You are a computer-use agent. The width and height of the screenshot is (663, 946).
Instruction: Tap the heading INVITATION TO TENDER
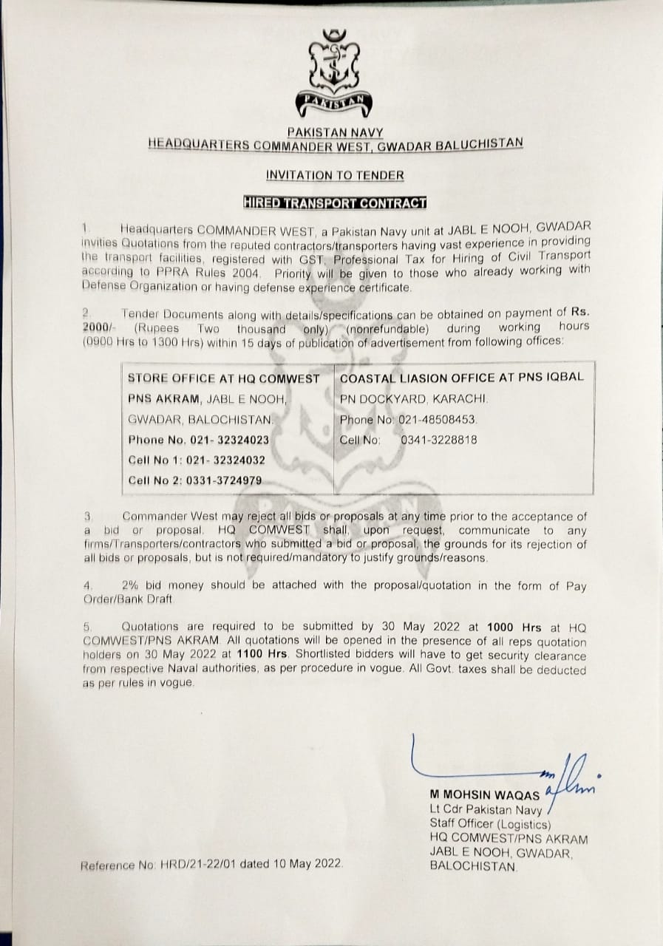335,175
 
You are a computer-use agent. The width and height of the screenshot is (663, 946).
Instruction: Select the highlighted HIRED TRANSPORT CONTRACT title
335,202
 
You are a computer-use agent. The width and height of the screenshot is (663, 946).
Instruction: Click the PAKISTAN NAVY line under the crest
336,132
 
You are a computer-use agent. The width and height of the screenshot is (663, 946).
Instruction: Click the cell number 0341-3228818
438,439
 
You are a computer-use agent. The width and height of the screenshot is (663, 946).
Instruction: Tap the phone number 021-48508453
441,419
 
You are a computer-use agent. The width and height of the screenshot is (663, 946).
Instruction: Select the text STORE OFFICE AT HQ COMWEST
224,378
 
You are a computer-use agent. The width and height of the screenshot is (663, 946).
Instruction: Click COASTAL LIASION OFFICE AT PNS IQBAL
462,377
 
